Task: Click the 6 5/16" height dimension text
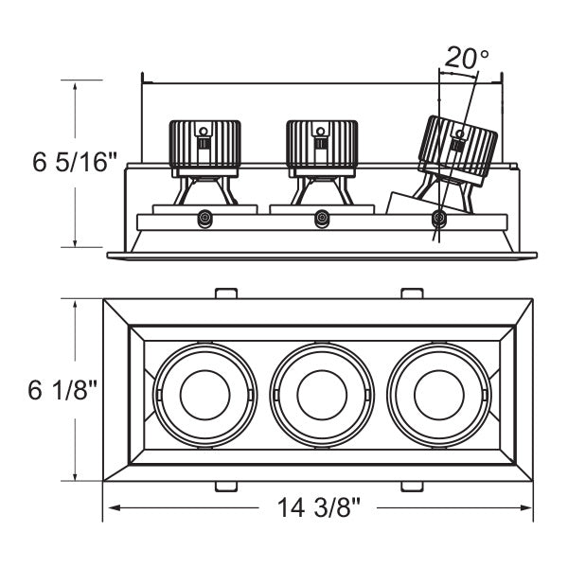[75, 162]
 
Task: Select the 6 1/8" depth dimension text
[65, 390]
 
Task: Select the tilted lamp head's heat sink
[458, 151]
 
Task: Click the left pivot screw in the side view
[204, 219]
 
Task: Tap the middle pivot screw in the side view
[322, 219]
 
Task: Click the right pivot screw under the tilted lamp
[438, 219]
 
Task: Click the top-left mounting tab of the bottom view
[225, 293]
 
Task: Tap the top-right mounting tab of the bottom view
[411, 293]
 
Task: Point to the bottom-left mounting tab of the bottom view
[225, 487]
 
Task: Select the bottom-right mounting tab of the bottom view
[411, 487]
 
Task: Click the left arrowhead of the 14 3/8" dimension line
[108, 508]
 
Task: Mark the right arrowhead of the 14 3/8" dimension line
[531, 508]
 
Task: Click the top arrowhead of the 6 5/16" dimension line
[75, 84]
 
